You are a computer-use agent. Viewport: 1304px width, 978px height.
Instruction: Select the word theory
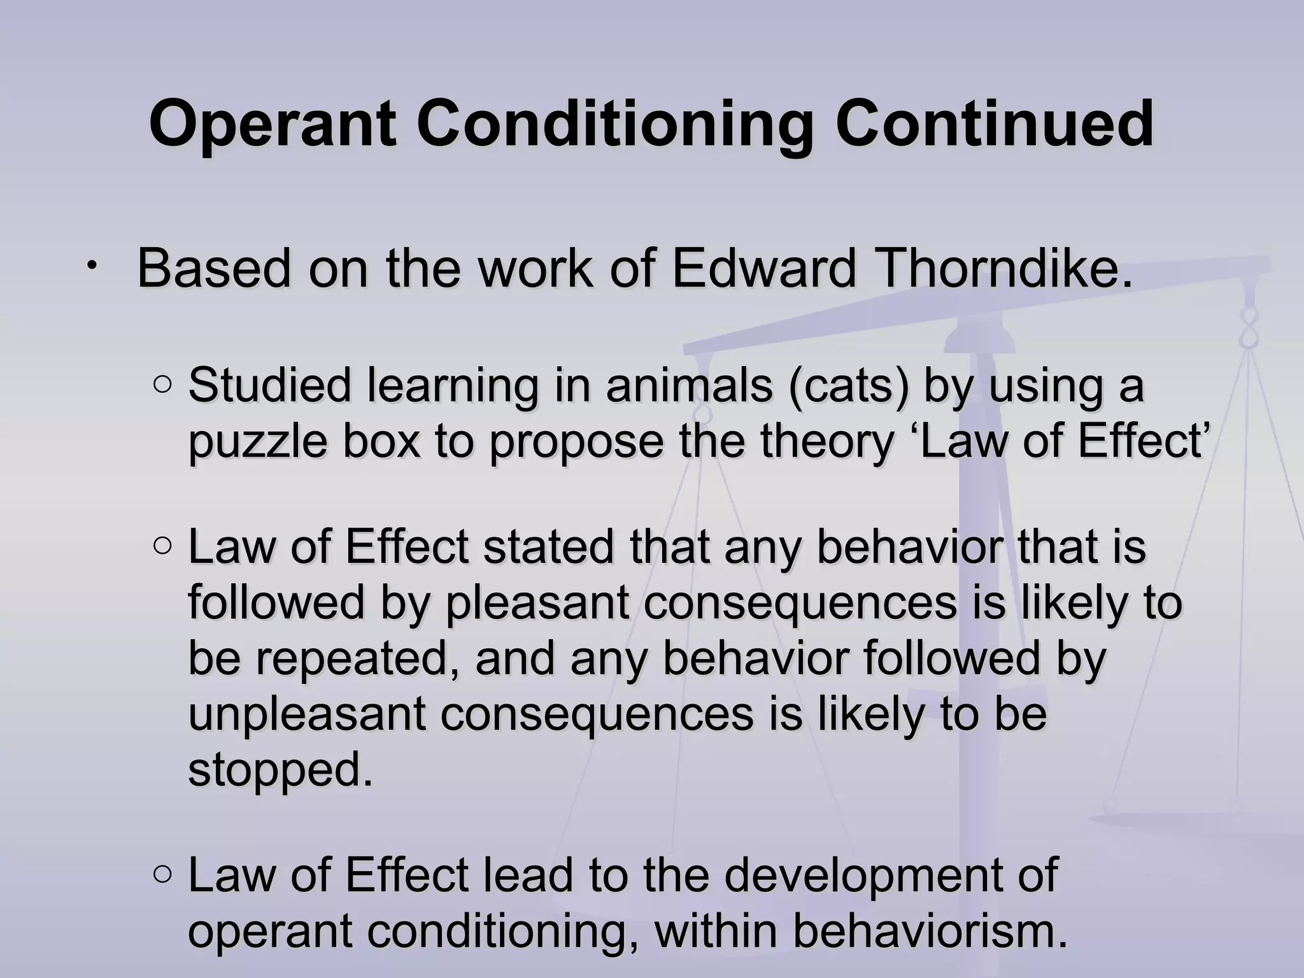pyautogui.click(x=827, y=441)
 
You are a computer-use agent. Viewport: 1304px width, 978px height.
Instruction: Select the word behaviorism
pyautogui.click(x=929, y=932)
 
